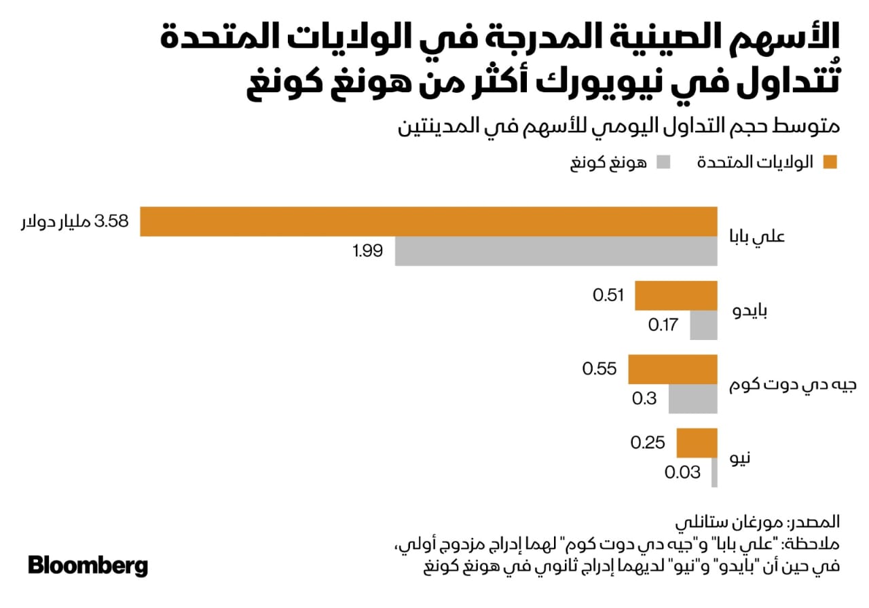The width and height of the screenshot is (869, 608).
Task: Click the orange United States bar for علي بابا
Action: click(x=428, y=221)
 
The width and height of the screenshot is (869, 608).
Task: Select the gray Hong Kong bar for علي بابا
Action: click(x=556, y=251)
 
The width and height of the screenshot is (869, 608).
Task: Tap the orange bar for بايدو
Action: click(x=676, y=296)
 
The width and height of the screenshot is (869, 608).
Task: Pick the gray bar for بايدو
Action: click(x=703, y=325)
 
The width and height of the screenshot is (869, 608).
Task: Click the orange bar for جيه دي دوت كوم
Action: click(x=672, y=369)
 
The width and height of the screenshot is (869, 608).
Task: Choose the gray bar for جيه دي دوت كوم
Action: click(x=692, y=398)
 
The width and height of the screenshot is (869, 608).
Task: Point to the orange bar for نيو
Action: click(x=697, y=443)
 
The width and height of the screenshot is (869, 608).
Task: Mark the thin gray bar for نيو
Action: click(x=714, y=472)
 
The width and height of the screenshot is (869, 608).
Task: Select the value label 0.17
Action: click(x=663, y=325)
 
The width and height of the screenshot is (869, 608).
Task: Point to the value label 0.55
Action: click(x=599, y=369)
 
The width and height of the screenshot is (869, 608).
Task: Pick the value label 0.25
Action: click(x=647, y=443)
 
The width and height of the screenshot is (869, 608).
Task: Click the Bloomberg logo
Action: click(x=88, y=565)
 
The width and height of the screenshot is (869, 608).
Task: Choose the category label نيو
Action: click(x=741, y=458)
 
